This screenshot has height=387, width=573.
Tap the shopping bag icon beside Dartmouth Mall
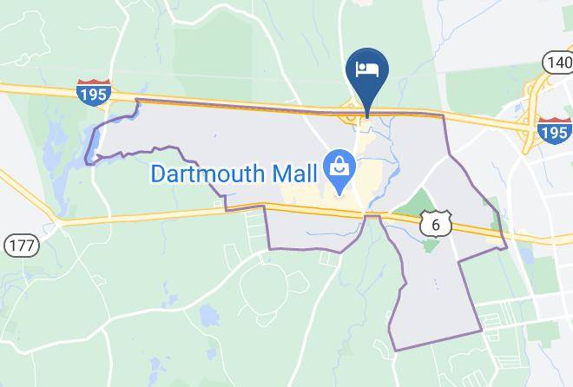336,163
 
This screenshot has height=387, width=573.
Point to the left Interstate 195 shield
93,91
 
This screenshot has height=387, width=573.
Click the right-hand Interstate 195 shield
553,131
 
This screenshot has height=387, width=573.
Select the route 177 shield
21,245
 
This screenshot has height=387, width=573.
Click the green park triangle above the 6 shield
423,200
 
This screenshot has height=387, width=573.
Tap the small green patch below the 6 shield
430,246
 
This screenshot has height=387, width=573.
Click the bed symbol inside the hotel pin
367,68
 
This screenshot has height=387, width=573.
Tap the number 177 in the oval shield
21,245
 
